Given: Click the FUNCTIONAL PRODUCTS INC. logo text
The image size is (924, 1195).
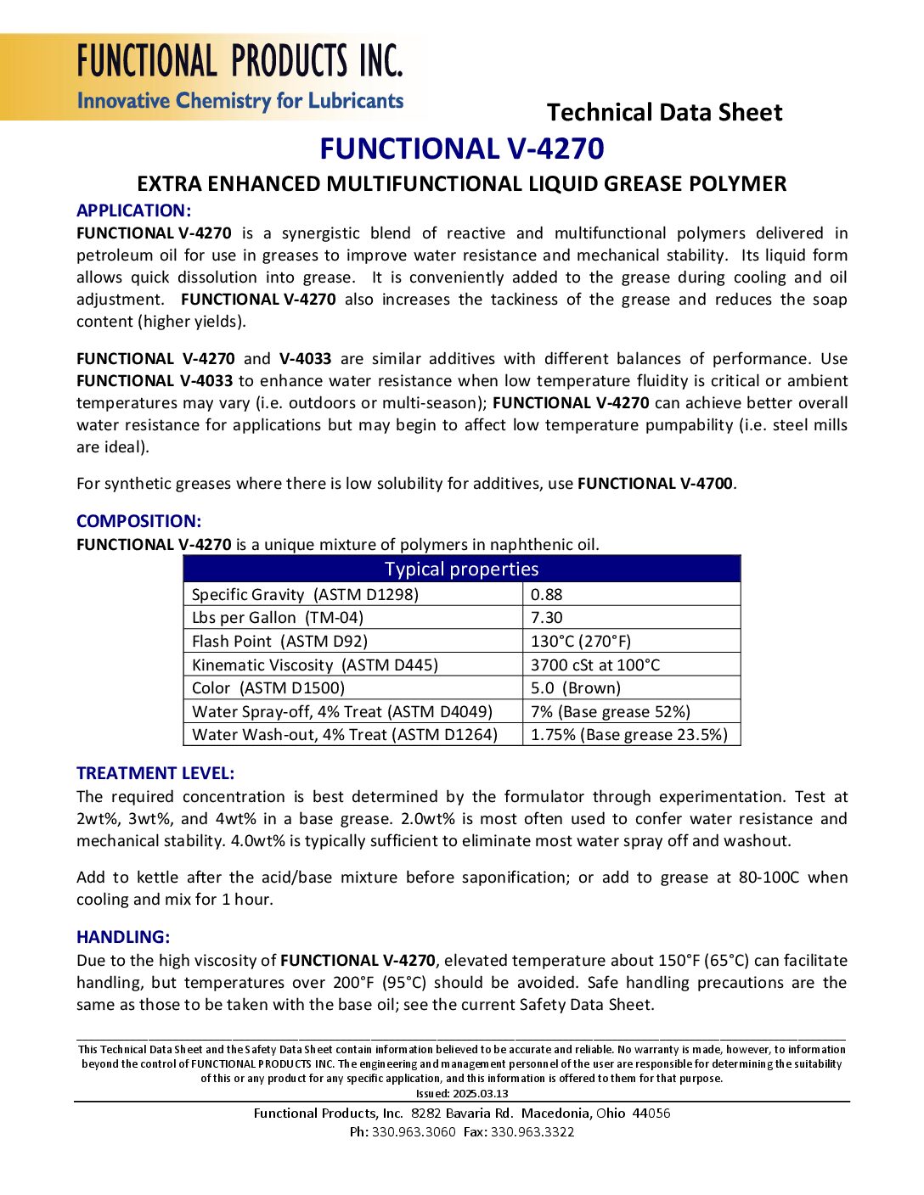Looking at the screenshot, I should [239, 61].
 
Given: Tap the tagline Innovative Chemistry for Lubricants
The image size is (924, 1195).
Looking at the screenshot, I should [240, 101].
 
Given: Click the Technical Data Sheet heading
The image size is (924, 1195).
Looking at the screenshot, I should [664, 112].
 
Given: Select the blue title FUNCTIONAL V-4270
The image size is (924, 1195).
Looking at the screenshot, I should [461, 149].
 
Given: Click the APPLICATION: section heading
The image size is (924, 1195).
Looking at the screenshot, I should [133, 210].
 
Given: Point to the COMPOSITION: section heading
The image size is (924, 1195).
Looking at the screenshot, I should [138, 521].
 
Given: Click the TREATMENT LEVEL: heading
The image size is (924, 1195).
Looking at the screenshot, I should [155, 773].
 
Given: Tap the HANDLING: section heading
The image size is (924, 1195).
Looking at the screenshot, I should [122, 937].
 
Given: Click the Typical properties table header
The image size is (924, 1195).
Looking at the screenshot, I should [461, 569].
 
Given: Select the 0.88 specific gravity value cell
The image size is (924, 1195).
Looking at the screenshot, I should [547, 594].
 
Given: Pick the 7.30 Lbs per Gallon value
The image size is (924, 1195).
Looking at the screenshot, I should [547, 618].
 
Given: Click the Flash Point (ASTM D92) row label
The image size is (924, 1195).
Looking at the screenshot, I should [279, 642].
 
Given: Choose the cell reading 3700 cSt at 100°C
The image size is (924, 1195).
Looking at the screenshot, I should [594, 665].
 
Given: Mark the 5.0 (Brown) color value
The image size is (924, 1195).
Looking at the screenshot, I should [576, 688].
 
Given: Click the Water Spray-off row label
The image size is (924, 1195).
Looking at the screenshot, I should [341, 712].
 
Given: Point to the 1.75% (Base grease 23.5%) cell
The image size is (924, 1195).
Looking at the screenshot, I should [628, 735].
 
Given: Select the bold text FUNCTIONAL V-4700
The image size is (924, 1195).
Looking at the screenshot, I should [655, 484].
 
